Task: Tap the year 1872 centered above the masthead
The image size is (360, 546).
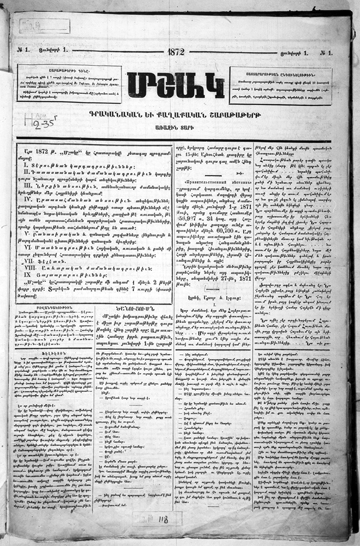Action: point(176,52)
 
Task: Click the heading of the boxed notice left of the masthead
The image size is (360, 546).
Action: point(69,69)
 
